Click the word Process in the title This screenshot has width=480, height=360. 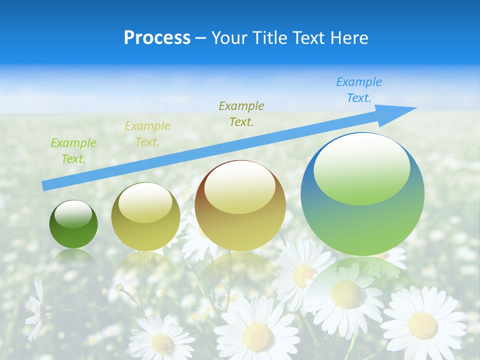pyautogui.click(x=157, y=37)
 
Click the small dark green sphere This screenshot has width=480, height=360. pyautogui.click(x=73, y=224)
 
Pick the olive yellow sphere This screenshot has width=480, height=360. pyautogui.click(x=145, y=216)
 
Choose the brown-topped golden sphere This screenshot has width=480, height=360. pyautogui.click(x=240, y=205)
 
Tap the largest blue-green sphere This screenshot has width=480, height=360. pyautogui.click(x=362, y=194)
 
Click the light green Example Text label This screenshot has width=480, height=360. pyautogui.click(x=73, y=151)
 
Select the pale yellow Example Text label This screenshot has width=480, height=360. pyautogui.click(x=147, y=134)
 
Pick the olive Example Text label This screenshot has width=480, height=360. pyautogui.click(x=241, y=113)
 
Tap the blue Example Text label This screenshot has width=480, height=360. pyautogui.click(x=359, y=90)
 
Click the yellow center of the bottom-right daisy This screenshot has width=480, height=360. pyautogui.click(x=423, y=325)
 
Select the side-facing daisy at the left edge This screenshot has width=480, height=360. pyautogui.click(x=36, y=310)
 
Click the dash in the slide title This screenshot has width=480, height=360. pyautogui.click(x=200, y=37)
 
